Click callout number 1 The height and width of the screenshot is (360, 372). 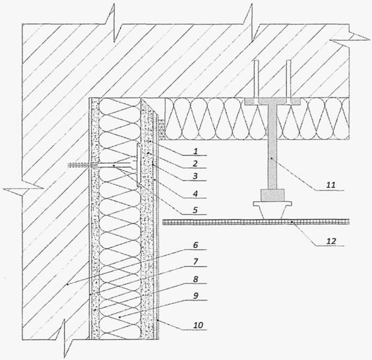[195, 151]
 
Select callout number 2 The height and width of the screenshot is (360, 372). [195, 164]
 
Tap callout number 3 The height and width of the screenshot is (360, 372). [195, 176]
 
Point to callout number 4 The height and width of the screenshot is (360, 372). [195, 194]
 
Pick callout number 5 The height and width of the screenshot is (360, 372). [195, 210]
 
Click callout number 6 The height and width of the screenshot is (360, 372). [195, 245]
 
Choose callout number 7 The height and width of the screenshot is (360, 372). [195, 262]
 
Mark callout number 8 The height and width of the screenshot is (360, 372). [195, 279]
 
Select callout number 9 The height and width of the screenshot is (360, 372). [195, 296]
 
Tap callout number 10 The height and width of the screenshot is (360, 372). [198, 324]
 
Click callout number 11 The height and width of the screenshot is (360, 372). [331, 185]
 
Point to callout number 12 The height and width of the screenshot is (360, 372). [331, 241]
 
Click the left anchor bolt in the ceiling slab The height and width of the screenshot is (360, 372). [257, 82]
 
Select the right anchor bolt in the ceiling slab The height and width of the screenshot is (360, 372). [288, 82]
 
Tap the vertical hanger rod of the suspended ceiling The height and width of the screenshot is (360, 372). [272, 146]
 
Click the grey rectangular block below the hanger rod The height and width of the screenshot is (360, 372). [272, 195]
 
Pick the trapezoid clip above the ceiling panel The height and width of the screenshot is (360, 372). [272, 210]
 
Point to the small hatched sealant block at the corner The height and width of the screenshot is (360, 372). [162, 129]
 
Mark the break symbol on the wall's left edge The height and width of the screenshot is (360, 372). [23, 189]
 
